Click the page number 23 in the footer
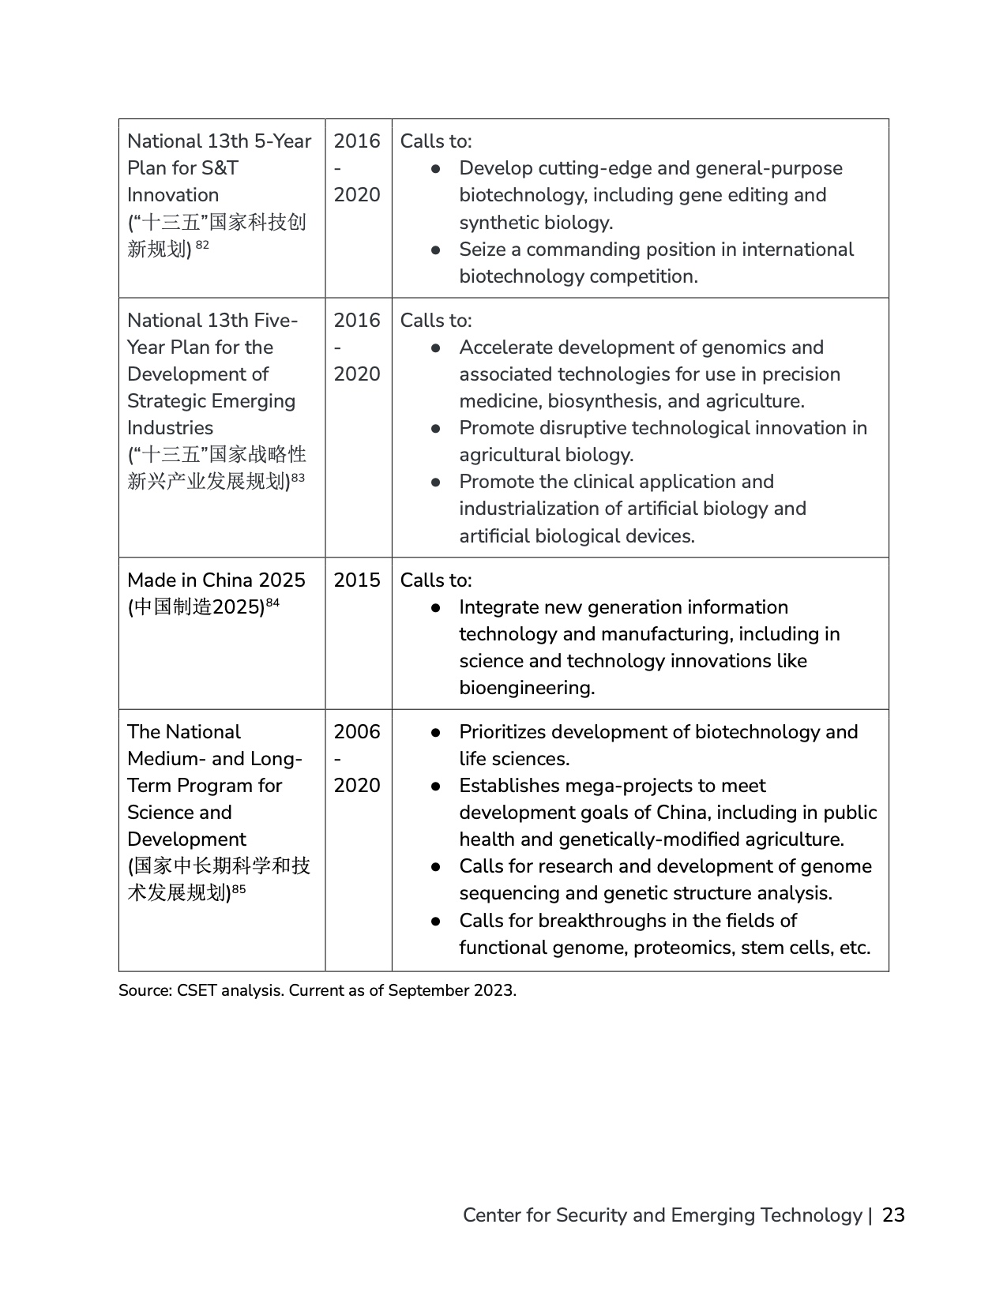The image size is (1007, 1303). pyautogui.click(x=893, y=1215)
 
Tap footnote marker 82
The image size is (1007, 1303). pyautogui.click(x=202, y=246)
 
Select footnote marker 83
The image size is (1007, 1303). pyautogui.click(x=298, y=478)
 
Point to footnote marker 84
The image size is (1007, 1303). pyautogui.click(x=272, y=603)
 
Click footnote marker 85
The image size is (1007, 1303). pyautogui.click(x=239, y=889)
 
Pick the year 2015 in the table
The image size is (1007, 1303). pyautogui.click(x=357, y=580)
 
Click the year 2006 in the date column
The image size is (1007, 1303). pyautogui.click(x=357, y=732)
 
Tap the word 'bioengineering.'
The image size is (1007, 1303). pyautogui.click(x=527, y=688)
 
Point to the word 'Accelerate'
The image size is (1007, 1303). pyautogui.click(x=507, y=347)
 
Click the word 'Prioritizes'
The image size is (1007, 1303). pyautogui.click(x=508, y=732)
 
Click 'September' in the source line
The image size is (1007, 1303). pyautogui.click(x=428, y=990)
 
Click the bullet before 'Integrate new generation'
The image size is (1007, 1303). pyautogui.click(x=435, y=608)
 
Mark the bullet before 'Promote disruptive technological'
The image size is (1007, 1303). pyautogui.click(x=435, y=429)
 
